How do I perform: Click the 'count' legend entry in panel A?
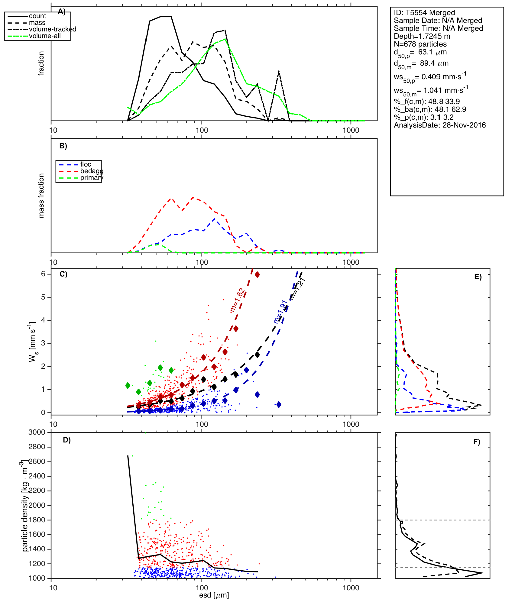coord(37,16)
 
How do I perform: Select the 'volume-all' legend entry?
coord(45,36)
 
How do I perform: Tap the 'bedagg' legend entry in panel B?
coord(92,171)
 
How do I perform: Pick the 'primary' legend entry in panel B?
coord(92,178)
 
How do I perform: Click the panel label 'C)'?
coord(63,274)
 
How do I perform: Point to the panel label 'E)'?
coord(478,277)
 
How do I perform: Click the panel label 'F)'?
coord(477,442)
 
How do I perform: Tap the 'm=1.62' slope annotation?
coord(237,300)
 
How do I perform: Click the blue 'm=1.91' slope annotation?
coord(280,312)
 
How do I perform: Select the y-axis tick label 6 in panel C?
coord(43,274)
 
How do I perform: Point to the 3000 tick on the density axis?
coord(37,432)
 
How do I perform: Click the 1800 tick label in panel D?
coord(37,520)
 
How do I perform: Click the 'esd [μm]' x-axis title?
coord(214,595)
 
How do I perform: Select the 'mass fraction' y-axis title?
coord(41,196)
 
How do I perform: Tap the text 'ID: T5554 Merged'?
coord(424,13)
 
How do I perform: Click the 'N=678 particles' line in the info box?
coord(420,44)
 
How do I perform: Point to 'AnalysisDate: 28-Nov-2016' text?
coord(439,125)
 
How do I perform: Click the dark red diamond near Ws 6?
coord(257,274)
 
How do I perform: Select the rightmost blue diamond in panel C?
coord(279,404)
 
